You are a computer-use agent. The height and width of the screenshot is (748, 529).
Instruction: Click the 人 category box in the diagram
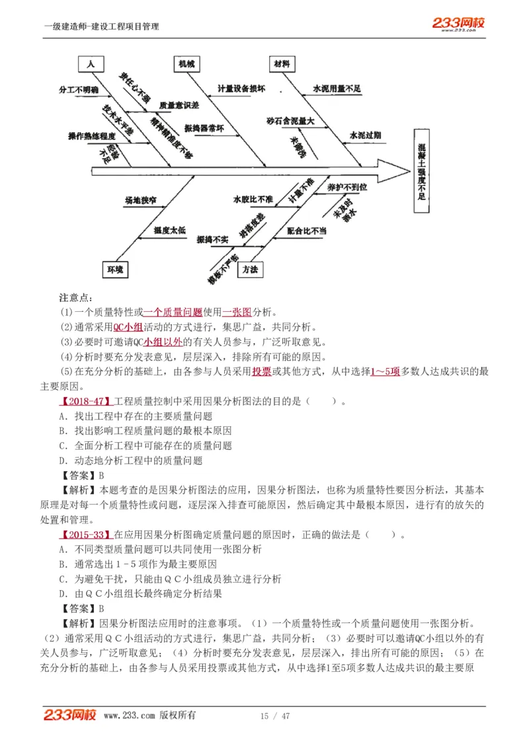click(91, 63)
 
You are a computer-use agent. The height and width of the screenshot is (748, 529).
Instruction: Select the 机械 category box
click(186, 63)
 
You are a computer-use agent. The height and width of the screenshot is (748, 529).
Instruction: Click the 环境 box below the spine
click(114, 269)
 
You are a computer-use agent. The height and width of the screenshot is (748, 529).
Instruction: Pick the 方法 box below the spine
click(249, 269)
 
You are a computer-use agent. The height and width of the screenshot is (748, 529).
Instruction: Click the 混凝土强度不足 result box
click(422, 170)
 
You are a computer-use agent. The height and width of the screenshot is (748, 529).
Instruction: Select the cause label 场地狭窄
click(140, 198)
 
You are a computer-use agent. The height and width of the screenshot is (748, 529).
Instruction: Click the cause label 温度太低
click(169, 231)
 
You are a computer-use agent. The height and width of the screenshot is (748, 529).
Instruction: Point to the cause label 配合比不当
click(307, 231)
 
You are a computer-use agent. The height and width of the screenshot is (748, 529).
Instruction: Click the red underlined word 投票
click(261, 371)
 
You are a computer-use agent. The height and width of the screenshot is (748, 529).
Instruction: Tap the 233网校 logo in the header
click(458, 24)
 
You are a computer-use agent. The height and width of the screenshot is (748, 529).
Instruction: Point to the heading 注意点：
click(77, 297)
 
